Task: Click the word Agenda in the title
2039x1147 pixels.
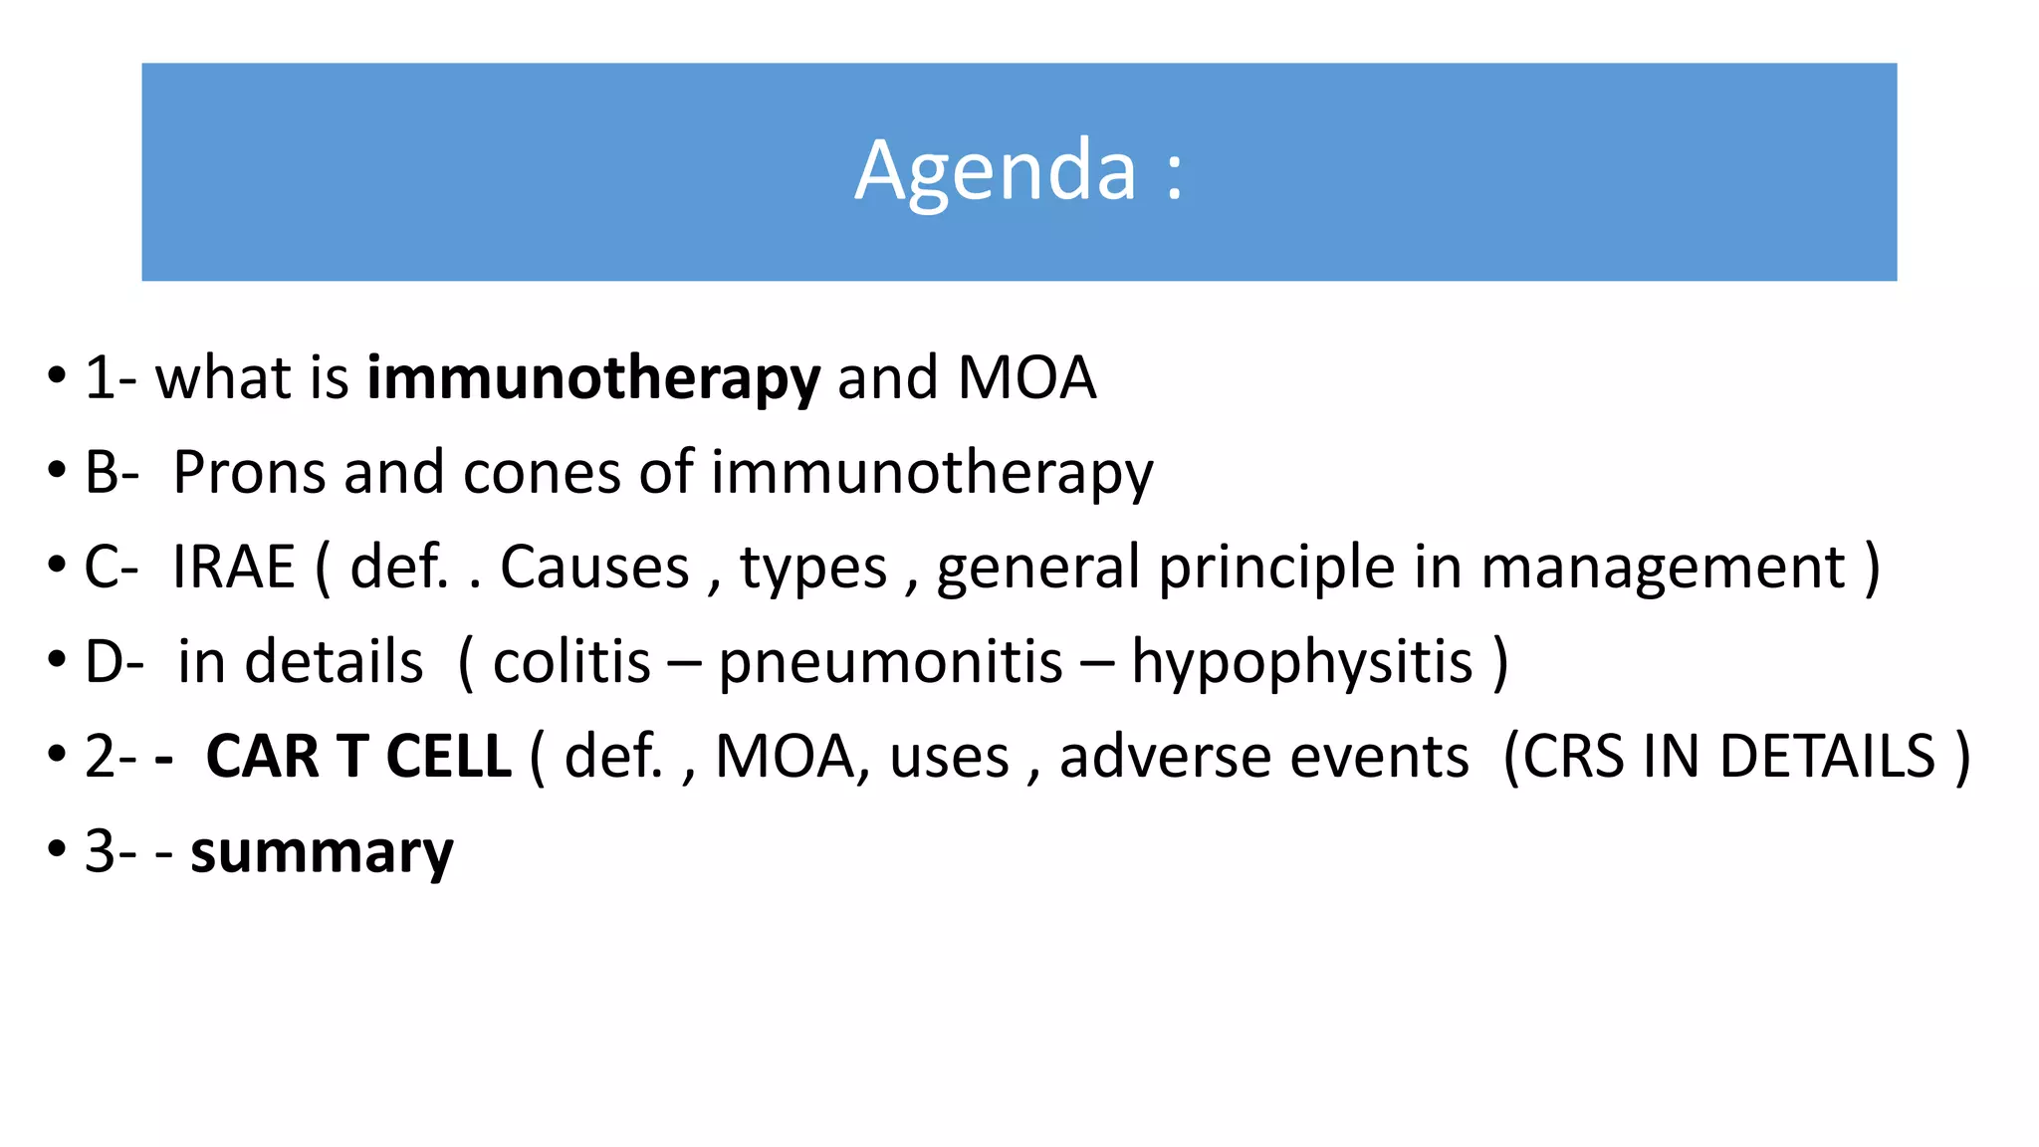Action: (x=995, y=171)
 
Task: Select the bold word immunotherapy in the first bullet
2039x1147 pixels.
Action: (x=593, y=378)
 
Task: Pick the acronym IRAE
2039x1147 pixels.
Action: (x=234, y=567)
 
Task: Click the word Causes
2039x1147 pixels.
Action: (x=594, y=567)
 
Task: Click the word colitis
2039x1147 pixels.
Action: (x=571, y=662)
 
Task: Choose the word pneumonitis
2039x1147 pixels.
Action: (x=890, y=662)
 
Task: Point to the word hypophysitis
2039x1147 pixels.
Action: (x=1302, y=662)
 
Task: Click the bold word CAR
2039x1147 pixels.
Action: (x=263, y=757)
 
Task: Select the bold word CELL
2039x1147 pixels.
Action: (x=448, y=757)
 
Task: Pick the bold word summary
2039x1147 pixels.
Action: (x=322, y=852)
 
